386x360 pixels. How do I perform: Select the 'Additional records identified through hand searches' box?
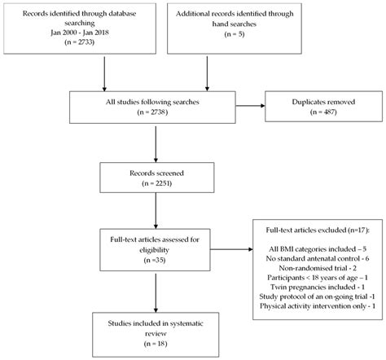click(x=235, y=31)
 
